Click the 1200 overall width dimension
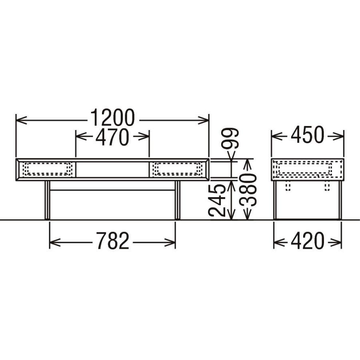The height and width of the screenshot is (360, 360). [x=112, y=118]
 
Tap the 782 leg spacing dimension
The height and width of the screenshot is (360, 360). [x=112, y=241]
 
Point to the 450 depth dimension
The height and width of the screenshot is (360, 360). [x=308, y=134]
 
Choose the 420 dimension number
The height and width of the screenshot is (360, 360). [x=307, y=241]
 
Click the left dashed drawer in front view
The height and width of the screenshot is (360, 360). [x=48, y=169]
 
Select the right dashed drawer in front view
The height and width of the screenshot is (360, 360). [x=178, y=169]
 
